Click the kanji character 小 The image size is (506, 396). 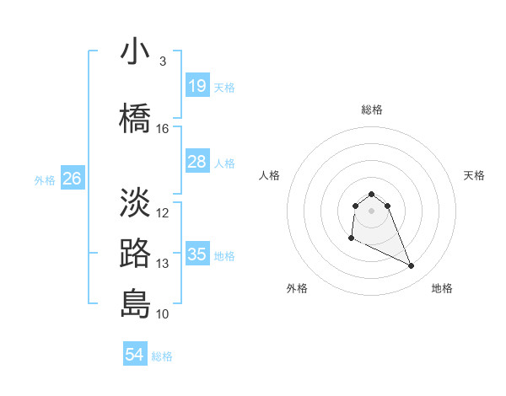(136, 52)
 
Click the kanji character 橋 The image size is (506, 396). (136, 117)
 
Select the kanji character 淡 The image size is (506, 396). (136, 202)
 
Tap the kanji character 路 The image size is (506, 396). (136, 254)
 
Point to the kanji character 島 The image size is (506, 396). (136, 303)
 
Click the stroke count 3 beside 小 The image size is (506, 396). (162, 62)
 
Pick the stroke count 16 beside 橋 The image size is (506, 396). (163, 129)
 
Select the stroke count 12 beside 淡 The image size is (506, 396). (163, 213)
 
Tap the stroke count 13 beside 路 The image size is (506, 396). (163, 264)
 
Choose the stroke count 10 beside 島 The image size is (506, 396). (163, 314)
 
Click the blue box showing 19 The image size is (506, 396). (196, 86)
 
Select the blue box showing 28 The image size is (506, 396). (196, 162)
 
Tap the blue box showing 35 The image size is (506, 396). (196, 254)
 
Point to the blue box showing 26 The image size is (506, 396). (72, 179)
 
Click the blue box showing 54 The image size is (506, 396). (134, 355)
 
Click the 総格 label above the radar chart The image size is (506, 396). (372, 110)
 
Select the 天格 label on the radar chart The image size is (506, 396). (475, 175)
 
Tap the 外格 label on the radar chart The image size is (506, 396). (297, 288)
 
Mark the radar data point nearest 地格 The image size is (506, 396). (412, 266)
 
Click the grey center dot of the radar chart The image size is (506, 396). (372, 210)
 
